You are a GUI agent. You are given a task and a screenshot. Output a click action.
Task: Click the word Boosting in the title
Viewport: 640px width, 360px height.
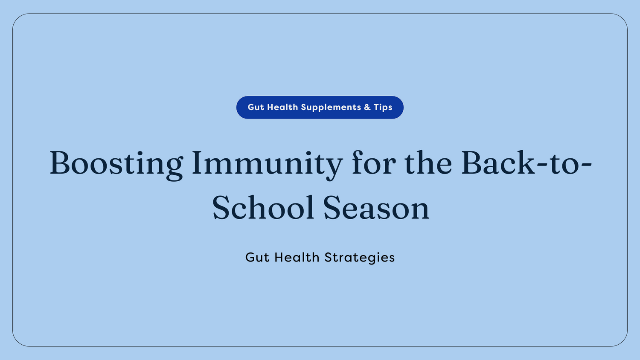click(x=116, y=164)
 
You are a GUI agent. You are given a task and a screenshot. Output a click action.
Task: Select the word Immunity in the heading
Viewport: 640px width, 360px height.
click(x=267, y=164)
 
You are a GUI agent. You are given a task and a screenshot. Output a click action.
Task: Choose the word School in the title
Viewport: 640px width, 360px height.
click(x=263, y=208)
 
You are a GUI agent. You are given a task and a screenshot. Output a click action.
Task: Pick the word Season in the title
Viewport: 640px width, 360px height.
click(x=376, y=208)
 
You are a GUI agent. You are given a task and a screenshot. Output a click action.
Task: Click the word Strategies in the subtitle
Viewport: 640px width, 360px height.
click(x=359, y=258)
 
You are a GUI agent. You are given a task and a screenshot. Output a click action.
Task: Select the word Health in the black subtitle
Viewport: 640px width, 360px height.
click(x=297, y=258)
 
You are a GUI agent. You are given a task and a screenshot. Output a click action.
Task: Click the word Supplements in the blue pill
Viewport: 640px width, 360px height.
click(x=331, y=107)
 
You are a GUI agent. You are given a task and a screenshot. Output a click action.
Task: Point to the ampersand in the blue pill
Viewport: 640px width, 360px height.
click(x=367, y=107)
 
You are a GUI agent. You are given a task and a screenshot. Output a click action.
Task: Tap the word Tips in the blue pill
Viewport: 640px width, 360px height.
click(x=383, y=107)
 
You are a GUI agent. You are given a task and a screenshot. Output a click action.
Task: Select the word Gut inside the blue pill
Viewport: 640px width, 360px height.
click(x=256, y=107)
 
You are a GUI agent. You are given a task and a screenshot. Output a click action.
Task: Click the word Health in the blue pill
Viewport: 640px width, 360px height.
click(x=282, y=107)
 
